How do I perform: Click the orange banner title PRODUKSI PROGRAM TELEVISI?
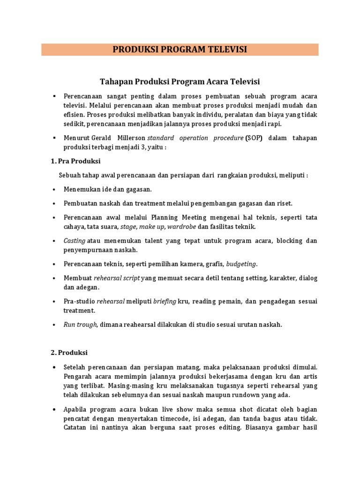(180, 50)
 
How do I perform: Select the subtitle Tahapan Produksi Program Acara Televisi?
(180, 82)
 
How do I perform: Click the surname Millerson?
(131, 138)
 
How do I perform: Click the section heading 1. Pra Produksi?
(75, 161)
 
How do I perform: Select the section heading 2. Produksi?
(69, 352)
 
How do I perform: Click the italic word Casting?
(74, 241)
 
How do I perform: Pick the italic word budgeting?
(242, 263)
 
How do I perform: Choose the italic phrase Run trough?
(80, 324)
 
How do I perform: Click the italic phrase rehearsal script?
(117, 278)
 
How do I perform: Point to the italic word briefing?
(165, 301)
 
